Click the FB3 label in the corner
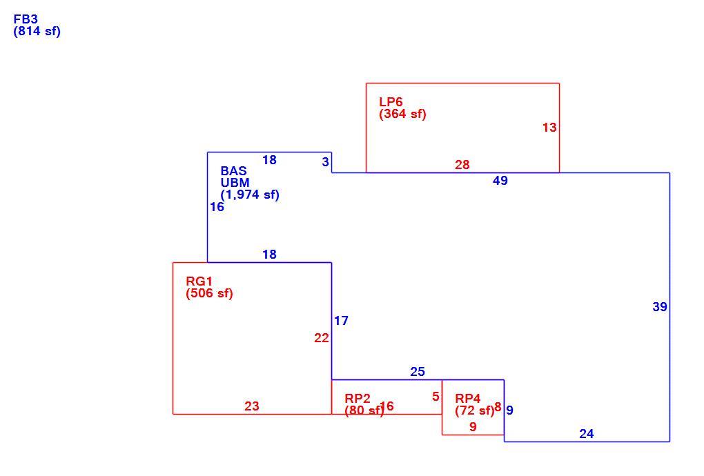(26, 19)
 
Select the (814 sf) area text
(37, 32)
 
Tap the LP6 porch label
(391, 102)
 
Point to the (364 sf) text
(402, 114)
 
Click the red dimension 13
(549, 128)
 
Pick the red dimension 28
(462, 165)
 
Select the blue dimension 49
(500, 180)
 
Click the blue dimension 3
(326, 162)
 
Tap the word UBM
(235, 183)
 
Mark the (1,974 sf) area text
(250, 195)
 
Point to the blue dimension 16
(217, 207)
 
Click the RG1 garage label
(199, 281)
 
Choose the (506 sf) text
(209, 293)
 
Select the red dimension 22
(322, 338)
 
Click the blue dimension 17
(341, 321)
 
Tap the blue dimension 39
(660, 307)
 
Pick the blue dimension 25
(418, 371)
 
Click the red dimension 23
(252, 406)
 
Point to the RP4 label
(467, 398)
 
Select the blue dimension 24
(587, 434)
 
